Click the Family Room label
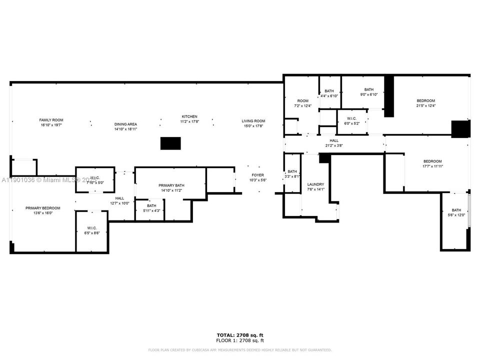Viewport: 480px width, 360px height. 51,120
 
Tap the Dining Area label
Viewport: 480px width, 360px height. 125,124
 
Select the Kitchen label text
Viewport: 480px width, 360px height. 189,116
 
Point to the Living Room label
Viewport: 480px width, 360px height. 253,121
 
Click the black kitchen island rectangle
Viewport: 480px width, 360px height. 170,143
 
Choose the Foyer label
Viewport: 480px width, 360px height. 257,175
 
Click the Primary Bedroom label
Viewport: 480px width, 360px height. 43,208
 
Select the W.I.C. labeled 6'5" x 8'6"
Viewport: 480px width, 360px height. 91,228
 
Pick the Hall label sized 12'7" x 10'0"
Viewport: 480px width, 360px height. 119,198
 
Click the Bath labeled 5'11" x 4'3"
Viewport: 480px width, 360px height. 151,205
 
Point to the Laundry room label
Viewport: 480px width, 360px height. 315,184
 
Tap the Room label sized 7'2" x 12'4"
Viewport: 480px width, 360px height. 302,101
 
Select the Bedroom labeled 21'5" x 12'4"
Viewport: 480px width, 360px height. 425,101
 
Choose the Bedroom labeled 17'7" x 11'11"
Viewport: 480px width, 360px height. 432,161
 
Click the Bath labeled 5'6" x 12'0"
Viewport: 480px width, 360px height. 456,210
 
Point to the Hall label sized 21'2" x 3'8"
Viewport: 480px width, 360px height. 333,141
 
